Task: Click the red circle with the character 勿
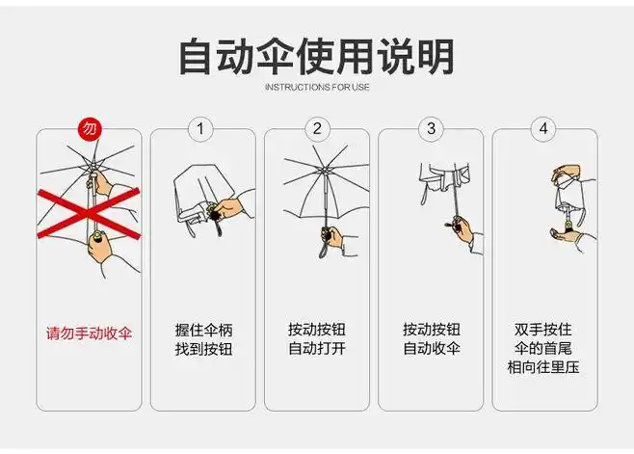pos(89,128)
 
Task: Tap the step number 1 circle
pos(201,128)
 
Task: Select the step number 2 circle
pos(316,128)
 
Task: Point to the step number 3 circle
pos(431,128)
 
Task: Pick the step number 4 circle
pos(544,128)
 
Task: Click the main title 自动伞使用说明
pos(316,56)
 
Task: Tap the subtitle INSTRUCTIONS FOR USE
pos(316,88)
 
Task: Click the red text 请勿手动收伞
pos(89,334)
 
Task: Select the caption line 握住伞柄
pos(203,329)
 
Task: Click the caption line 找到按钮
pos(203,349)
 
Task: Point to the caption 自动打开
pos(316,349)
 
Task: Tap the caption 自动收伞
pos(431,349)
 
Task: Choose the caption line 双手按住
pos(544,329)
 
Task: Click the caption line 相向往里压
pos(544,368)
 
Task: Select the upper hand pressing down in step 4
pos(567,176)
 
